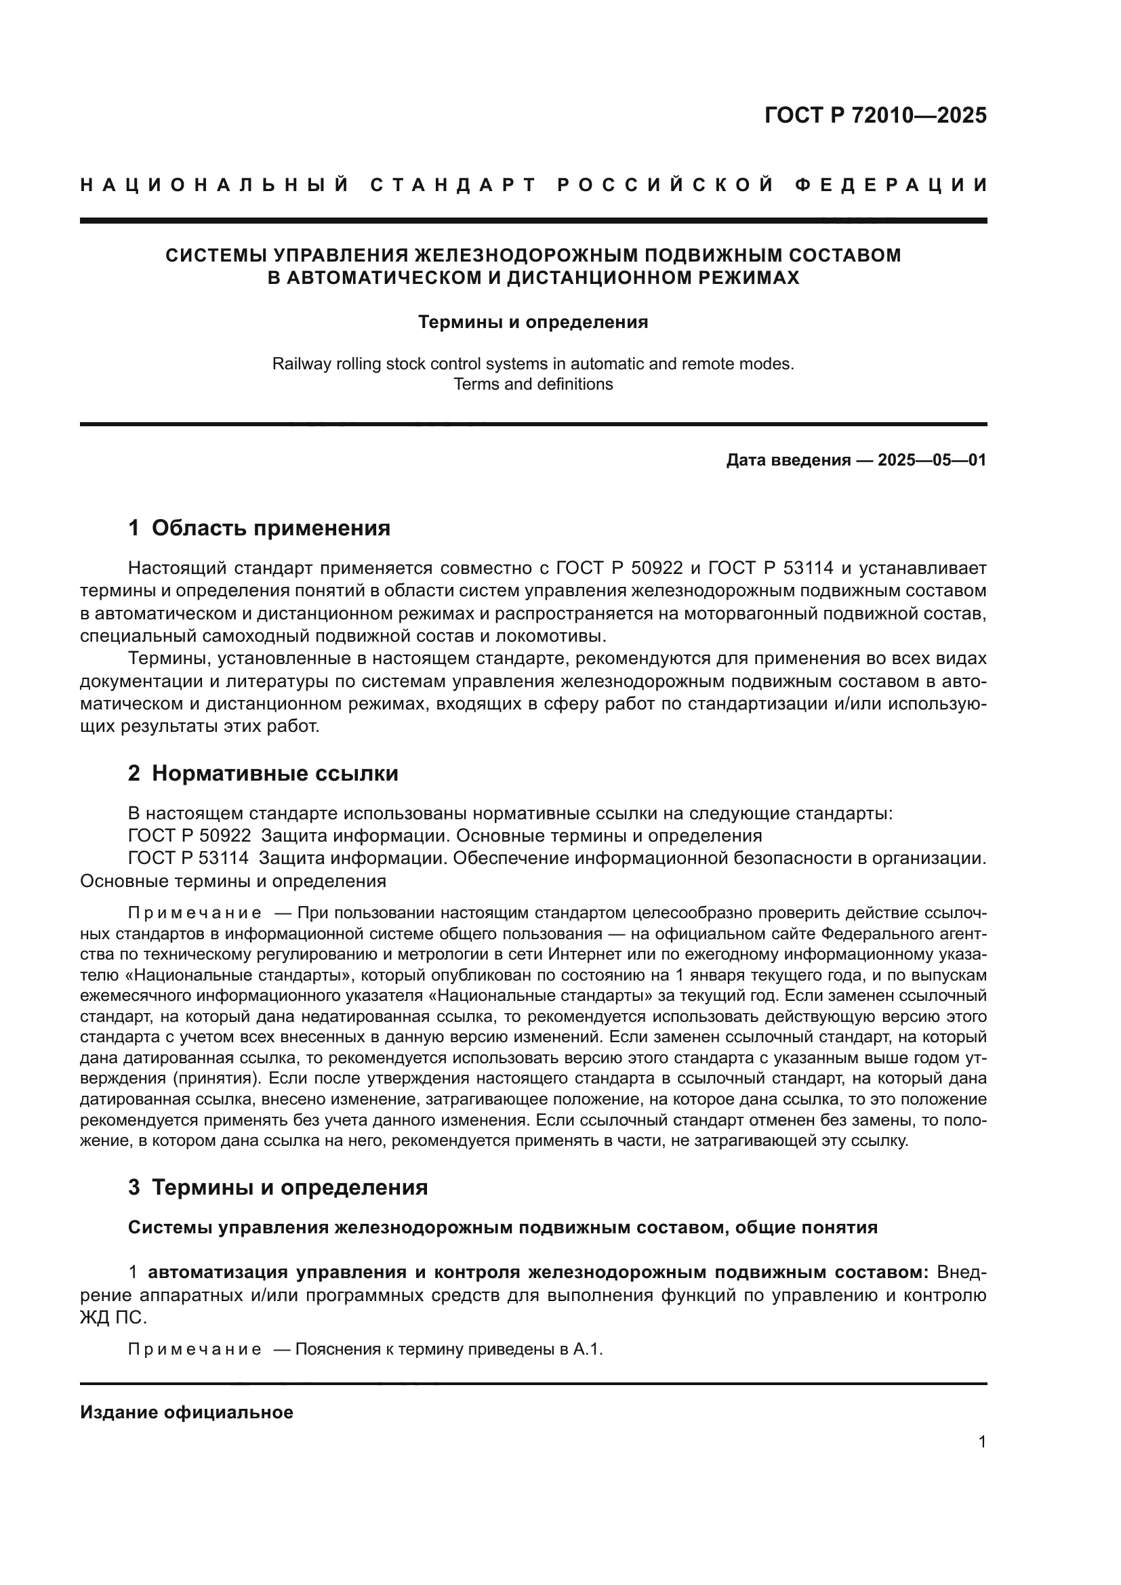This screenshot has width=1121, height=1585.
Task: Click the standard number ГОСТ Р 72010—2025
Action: pos(875,115)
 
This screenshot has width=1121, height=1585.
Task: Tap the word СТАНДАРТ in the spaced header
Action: pos(453,185)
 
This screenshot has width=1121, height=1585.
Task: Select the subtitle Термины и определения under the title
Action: pos(533,323)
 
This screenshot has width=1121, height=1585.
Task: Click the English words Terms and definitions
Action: pos(533,384)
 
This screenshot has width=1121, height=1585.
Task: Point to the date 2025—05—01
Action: pos(932,459)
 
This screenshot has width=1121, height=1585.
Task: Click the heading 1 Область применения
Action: pos(259,528)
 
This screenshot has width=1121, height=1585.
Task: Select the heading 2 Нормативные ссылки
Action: pos(263,773)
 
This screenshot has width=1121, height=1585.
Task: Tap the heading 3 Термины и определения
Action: pos(277,1187)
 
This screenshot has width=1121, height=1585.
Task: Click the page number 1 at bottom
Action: pos(982,1442)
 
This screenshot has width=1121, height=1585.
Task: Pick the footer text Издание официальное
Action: pos(186,1412)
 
